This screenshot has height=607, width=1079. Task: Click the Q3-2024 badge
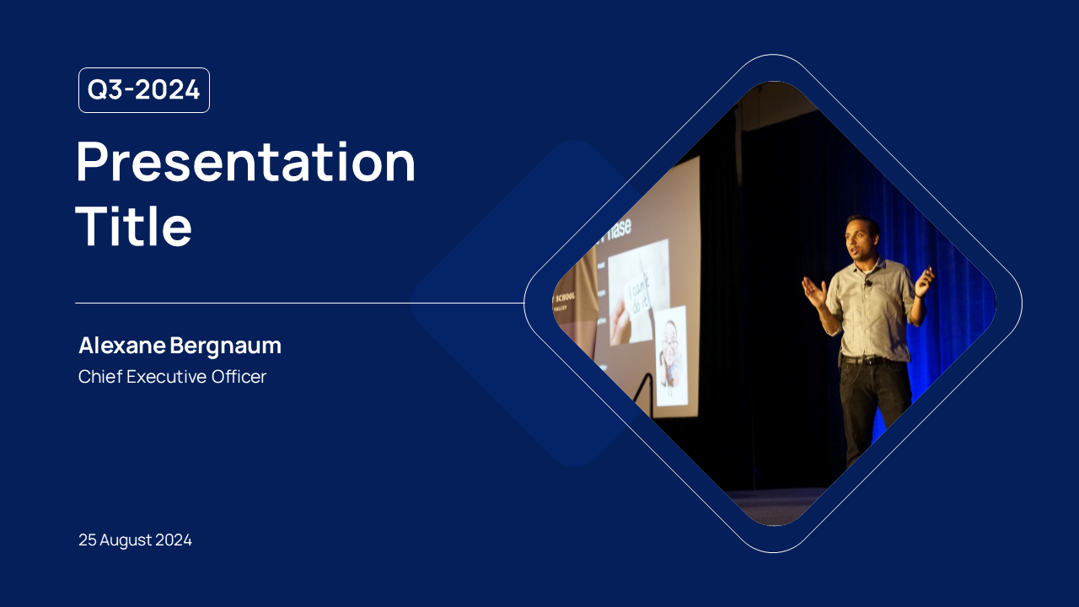point(144,90)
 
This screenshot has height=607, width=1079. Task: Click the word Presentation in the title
point(245,162)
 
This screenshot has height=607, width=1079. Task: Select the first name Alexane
point(122,346)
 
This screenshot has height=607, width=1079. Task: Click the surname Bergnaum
point(225,346)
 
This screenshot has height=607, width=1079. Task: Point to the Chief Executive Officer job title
point(172,377)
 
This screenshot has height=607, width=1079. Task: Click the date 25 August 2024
point(135,540)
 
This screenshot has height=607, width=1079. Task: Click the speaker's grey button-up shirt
point(870,312)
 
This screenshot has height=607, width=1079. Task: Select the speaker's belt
point(868,360)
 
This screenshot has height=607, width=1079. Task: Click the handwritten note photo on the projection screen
point(638,291)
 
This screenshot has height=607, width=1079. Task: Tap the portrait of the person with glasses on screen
point(671,354)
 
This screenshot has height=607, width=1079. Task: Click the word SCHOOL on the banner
point(563,297)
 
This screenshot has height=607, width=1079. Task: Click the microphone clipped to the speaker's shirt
point(867,283)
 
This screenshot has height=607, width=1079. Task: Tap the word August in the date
point(126,540)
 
